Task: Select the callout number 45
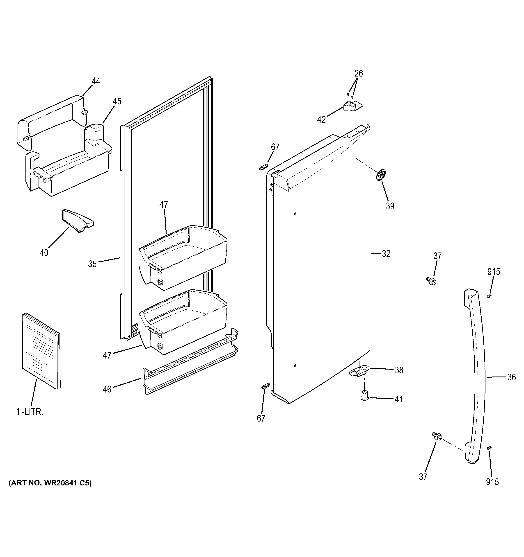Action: [x=117, y=101]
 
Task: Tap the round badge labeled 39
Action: [x=381, y=175]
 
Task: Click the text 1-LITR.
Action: [x=30, y=412]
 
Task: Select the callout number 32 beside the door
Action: [x=386, y=254]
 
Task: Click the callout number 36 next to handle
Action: [x=511, y=377]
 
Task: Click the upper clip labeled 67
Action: [x=263, y=167]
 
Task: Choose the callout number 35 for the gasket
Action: [x=92, y=264]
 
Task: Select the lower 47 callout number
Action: [x=107, y=356]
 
